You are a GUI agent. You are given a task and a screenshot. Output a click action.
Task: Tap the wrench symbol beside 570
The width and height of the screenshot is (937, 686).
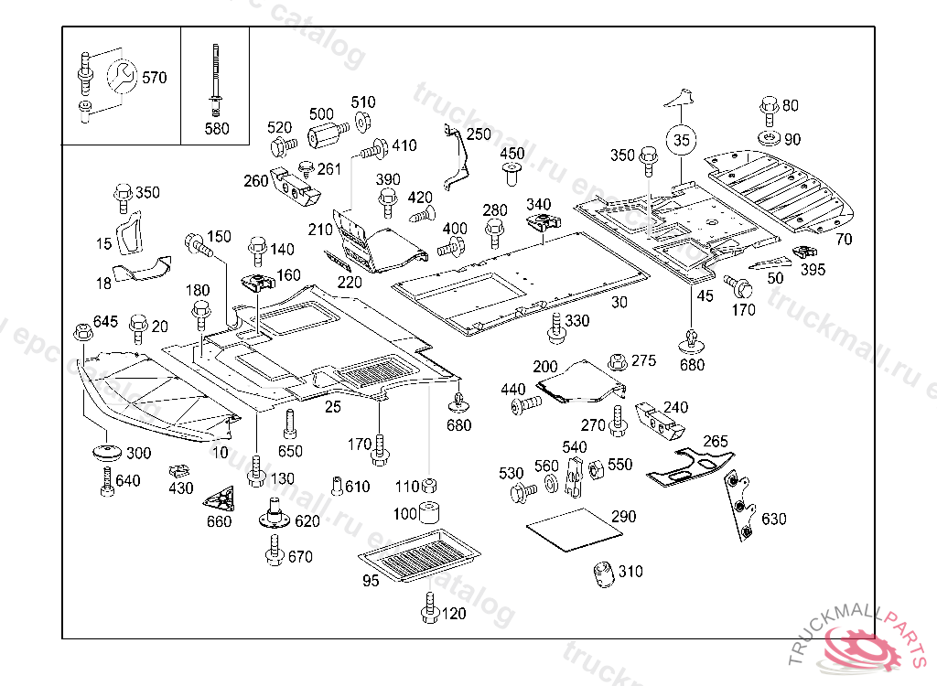[122, 76]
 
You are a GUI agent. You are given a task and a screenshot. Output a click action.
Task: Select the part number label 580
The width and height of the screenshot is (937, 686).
[217, 129]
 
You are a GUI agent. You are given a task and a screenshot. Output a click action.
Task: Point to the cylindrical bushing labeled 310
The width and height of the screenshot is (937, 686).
[603, 574]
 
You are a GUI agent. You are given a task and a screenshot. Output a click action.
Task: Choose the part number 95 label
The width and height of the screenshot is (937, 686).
[371, 581]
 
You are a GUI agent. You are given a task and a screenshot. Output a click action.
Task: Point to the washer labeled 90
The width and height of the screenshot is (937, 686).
[769, 139]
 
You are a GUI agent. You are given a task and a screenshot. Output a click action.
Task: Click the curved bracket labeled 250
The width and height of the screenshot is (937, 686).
[457, 159]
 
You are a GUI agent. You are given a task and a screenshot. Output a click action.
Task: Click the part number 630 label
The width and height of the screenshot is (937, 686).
[773, 520]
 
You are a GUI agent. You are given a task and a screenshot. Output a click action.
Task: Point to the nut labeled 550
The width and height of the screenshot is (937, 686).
[592, 469]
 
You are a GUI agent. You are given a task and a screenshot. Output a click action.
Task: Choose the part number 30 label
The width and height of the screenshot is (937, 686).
[619, 302]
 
